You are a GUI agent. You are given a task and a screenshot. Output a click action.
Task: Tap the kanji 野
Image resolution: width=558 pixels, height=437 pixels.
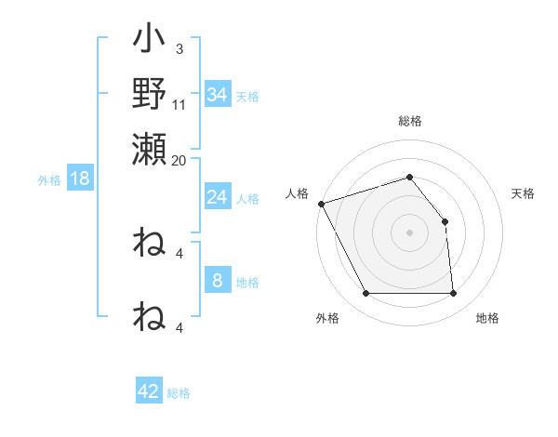pyautogui.click(x=150, y=93)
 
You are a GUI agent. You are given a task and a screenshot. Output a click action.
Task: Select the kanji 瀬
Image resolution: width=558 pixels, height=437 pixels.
pyautogui.click(x=150, y=148)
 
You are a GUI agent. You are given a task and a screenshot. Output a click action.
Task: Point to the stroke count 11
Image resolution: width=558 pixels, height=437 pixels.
pyautogui.click(x=179, y=105)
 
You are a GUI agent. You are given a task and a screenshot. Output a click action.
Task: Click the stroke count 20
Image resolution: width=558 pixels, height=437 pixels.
pyautogui.click(x=179, y=160)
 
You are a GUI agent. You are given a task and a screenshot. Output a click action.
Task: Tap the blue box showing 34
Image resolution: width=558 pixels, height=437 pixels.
pyautogui.click(x=217, y=95)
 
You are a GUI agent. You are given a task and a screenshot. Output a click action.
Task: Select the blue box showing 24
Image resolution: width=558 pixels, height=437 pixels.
pyautogui.click(x=217, y=197)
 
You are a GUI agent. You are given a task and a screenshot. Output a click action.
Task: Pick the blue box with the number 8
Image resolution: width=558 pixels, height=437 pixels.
pyautogui.click(x=217, y=281)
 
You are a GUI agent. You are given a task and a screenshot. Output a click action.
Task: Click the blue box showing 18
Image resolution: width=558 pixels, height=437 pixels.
pyautogui.click(x=80, y=179)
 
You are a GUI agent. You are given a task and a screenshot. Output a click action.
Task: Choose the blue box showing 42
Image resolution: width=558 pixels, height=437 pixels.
pyautogui.click(x=149, y=391)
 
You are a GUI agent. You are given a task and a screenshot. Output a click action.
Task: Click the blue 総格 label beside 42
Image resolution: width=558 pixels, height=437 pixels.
pyautogui.click(x=179, y=393)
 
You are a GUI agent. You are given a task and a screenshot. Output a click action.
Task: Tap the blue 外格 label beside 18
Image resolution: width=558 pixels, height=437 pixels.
pyautogui.click(x=49, y=180)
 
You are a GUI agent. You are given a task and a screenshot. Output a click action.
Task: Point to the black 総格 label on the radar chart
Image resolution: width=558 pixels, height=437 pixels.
pyautogui.click(x=410, y=122)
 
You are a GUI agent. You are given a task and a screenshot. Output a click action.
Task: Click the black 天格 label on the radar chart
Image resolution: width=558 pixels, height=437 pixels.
pyautogui.click(x=524, y=193)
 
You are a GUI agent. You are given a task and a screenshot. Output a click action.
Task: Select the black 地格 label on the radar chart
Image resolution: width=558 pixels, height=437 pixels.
pyautogui.click(x=487, y=318)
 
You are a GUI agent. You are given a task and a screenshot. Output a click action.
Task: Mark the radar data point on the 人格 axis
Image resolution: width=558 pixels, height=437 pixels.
pyautogui.click(x=321, y=203)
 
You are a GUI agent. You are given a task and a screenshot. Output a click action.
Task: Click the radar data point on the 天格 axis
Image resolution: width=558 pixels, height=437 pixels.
pyautogui.click(x=445, y=221)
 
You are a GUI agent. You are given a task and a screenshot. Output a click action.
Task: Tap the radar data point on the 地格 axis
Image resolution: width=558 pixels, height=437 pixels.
pyautogui.click(x=453, y=294)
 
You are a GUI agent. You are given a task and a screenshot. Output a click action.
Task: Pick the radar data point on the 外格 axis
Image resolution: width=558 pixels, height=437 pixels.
pyautogui.click(x=365, y=294)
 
